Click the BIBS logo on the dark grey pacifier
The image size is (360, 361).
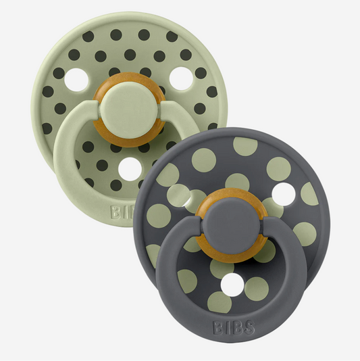click(x=234, y=327)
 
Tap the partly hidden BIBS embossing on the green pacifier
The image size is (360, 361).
click(x=121, y=212)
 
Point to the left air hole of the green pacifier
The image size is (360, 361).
click(x=76, y=80)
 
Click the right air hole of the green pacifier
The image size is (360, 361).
click(x=181, y=78)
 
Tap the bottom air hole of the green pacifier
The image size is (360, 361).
click(x=130, y=169)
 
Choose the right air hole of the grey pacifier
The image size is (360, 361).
click(x=284, y=194)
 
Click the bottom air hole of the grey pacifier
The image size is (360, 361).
click(x=232, y=285)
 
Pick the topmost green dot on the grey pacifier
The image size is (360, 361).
click(x=245, y=146)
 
